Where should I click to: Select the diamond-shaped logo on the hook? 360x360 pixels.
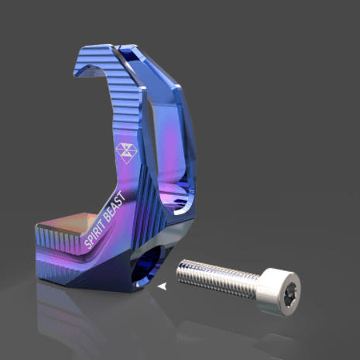tap(126, 153)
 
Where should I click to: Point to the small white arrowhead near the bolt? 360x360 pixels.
tap(162, 286)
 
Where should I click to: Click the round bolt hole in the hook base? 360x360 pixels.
tap(146, 266)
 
